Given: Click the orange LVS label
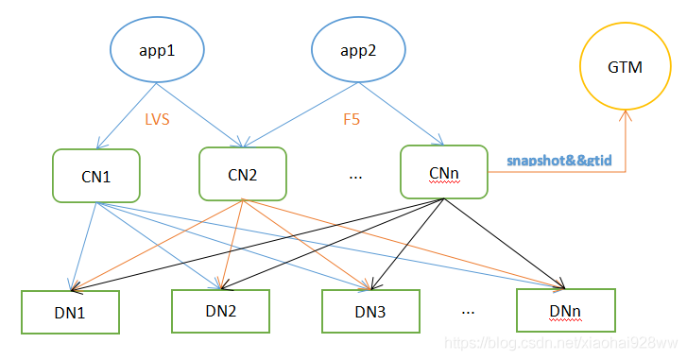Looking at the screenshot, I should pos(157,120).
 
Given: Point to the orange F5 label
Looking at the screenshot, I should pos(352,120).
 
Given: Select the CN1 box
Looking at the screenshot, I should pos(96,175).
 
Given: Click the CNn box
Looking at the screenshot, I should pos(443,171).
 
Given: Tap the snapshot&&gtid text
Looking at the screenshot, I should pos(559,162).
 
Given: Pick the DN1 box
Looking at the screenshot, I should pos(70,311).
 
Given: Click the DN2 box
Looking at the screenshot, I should pos(219,310).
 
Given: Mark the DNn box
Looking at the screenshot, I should pos(565,308).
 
